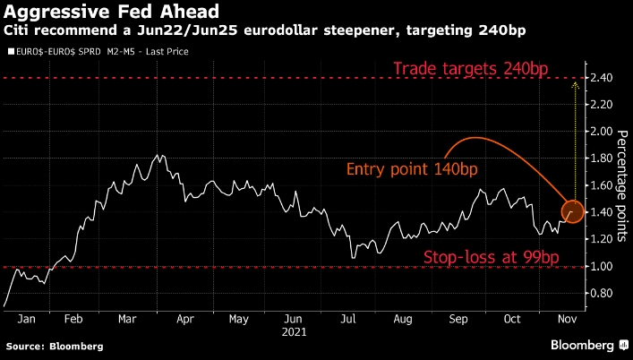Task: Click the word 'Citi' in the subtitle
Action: [x=19, y=30]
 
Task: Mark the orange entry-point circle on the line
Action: [x=573, y=212]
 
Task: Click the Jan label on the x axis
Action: [x=27, y=318]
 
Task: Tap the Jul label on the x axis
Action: [x=347, y=318]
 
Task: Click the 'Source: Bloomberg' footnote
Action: [x=55, y=346]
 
